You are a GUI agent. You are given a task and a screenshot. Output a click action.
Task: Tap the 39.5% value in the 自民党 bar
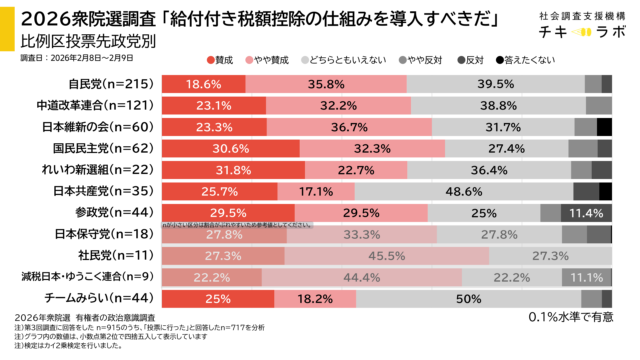point(496,84)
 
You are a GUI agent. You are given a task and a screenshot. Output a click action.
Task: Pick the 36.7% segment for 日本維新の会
point(349,127)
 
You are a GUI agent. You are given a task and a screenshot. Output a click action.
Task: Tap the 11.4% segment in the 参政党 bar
point(586,212)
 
